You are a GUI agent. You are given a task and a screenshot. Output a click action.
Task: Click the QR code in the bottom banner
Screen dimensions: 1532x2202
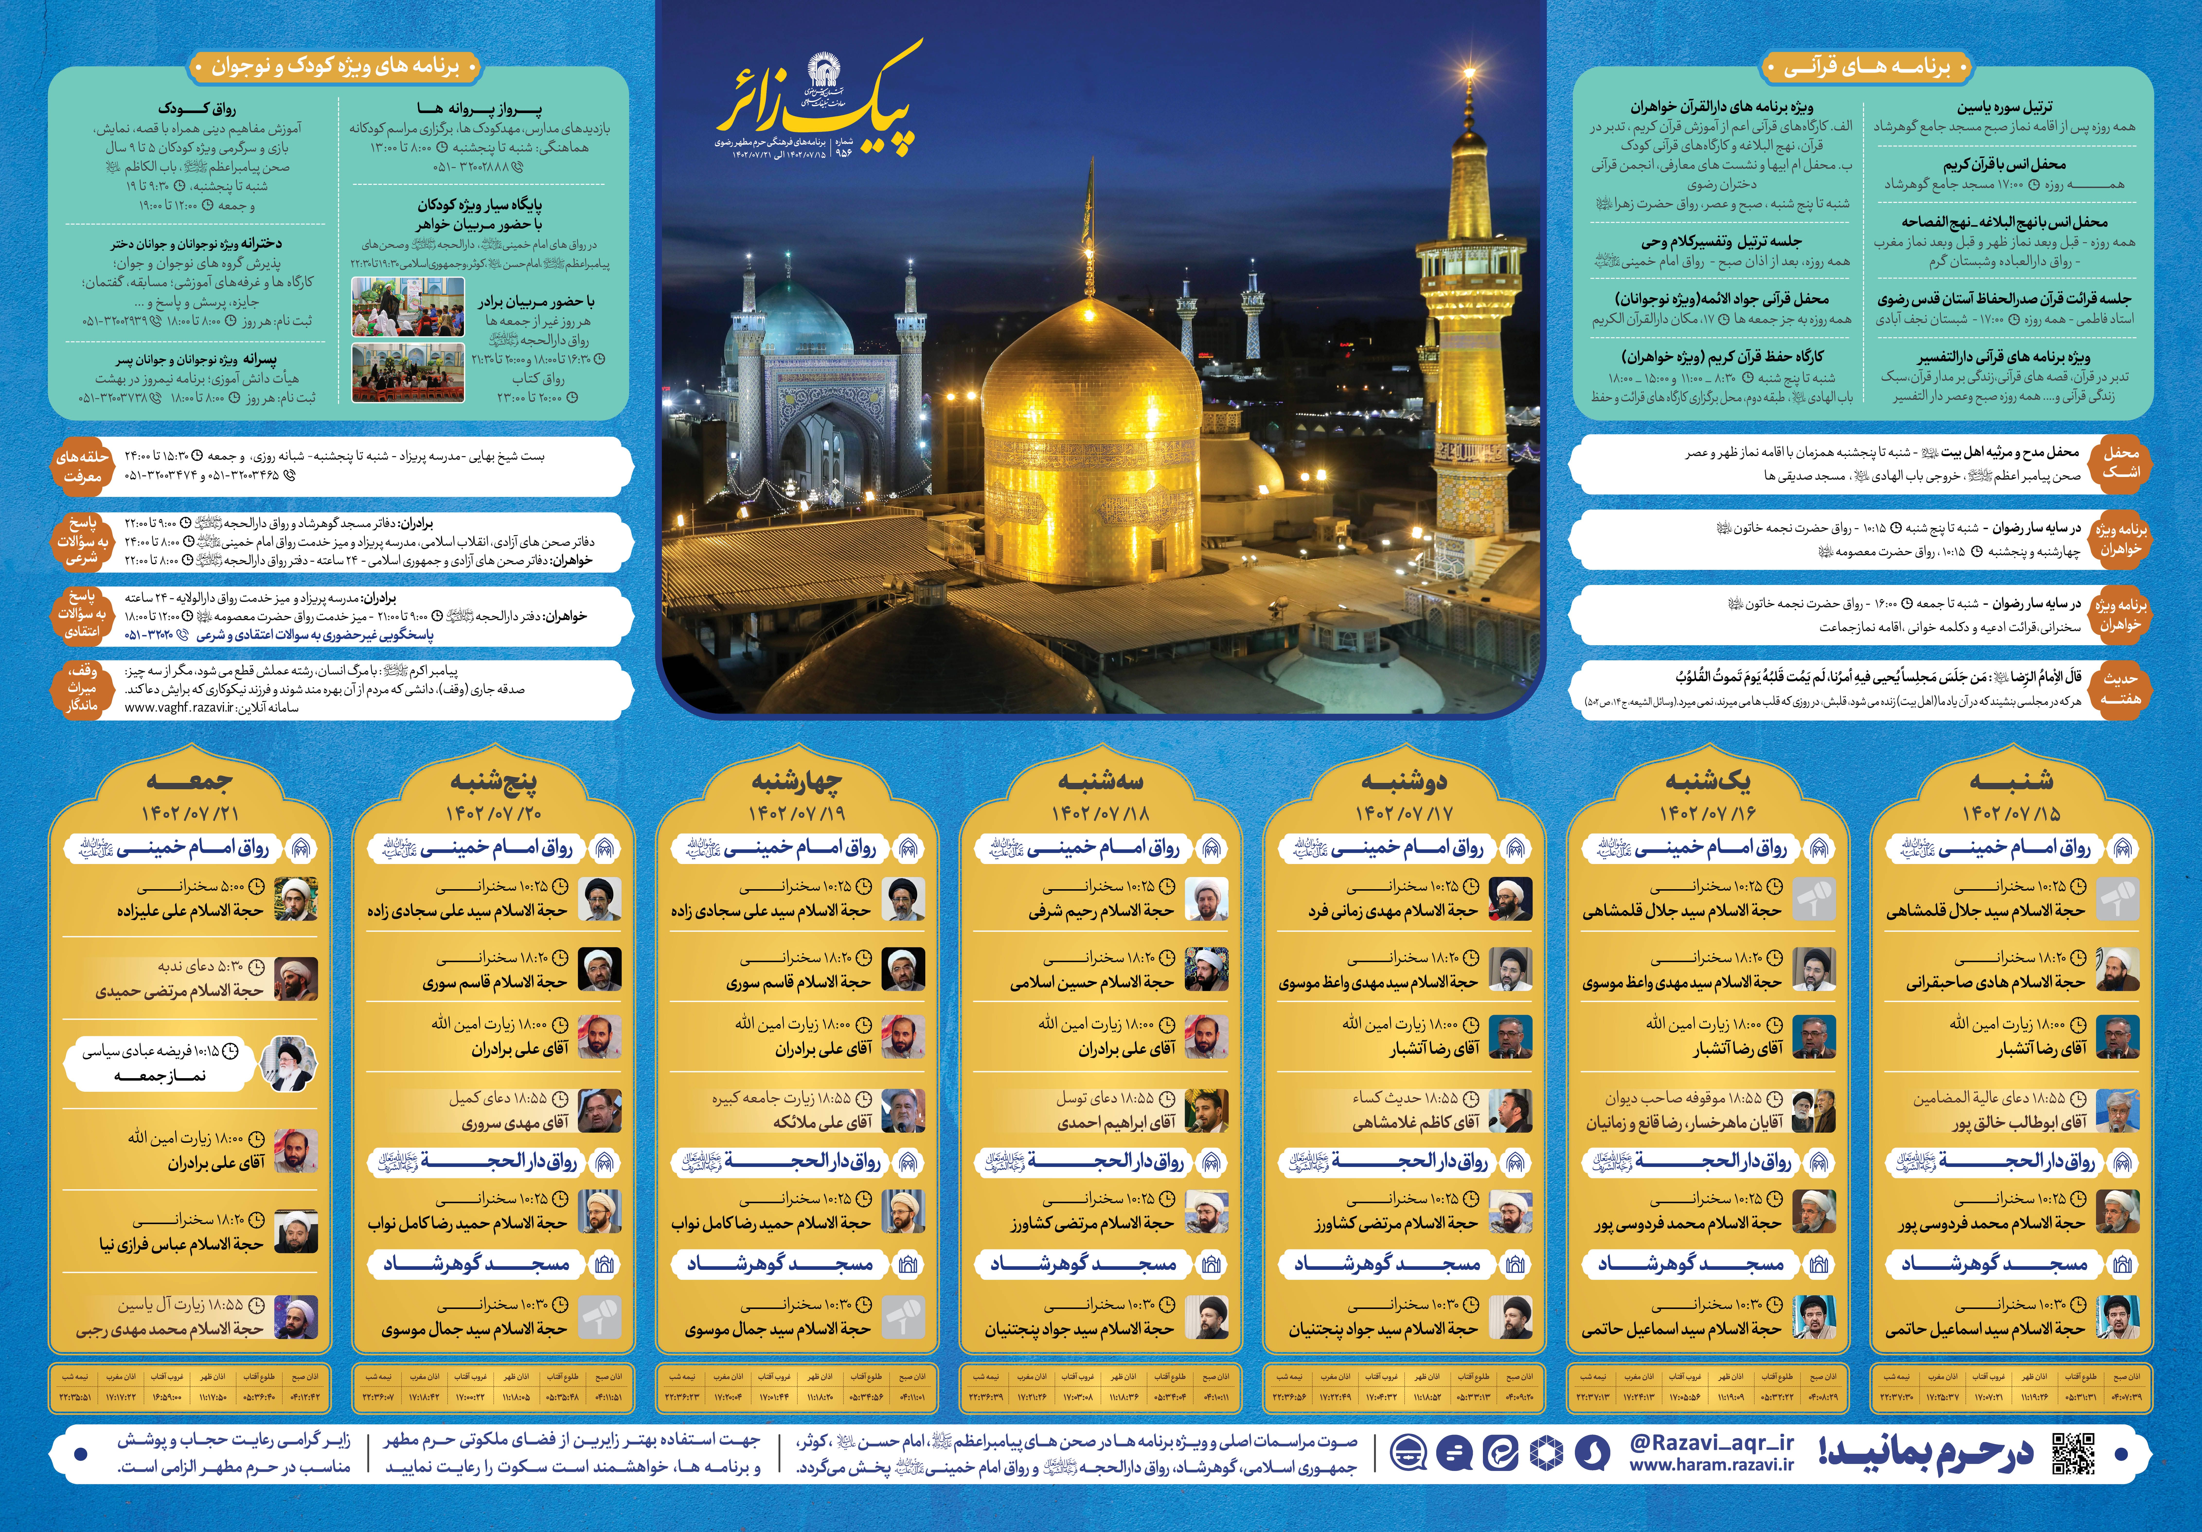pyautogui.click(x=2074, y=1454)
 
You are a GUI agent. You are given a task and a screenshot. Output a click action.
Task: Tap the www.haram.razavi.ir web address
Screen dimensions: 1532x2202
pyautogui.click(x=1711, y=1465)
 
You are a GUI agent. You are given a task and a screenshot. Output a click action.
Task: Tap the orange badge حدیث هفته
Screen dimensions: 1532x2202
pyautogui.click(x=2120, y=688)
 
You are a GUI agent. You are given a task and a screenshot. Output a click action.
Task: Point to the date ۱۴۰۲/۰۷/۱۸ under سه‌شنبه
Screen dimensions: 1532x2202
pyautogui.click(x=1100, y=814)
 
